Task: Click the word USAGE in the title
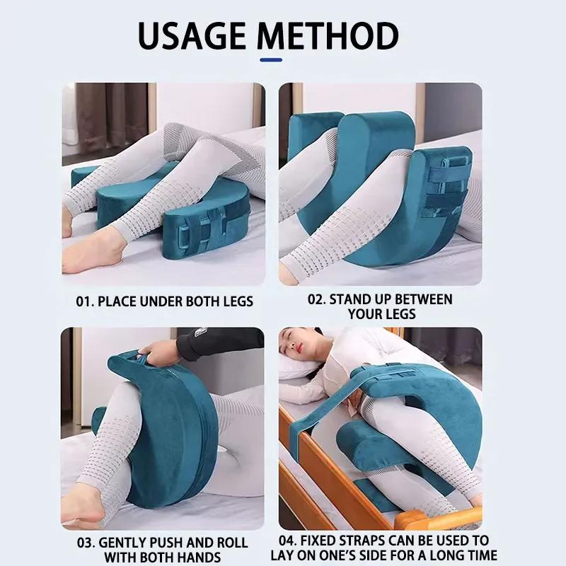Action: [197, 35]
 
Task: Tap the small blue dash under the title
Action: [271, 59]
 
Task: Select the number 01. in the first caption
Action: [85, 301]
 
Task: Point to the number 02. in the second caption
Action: [317, 299]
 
